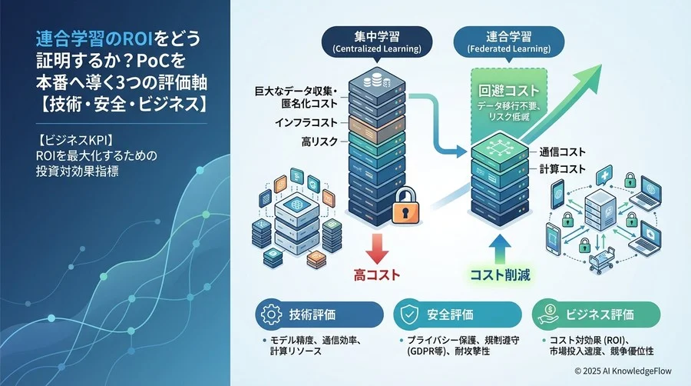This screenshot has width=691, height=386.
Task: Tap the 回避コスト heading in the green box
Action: [501, 91]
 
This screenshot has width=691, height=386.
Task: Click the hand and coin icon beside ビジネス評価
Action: [548, 315]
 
